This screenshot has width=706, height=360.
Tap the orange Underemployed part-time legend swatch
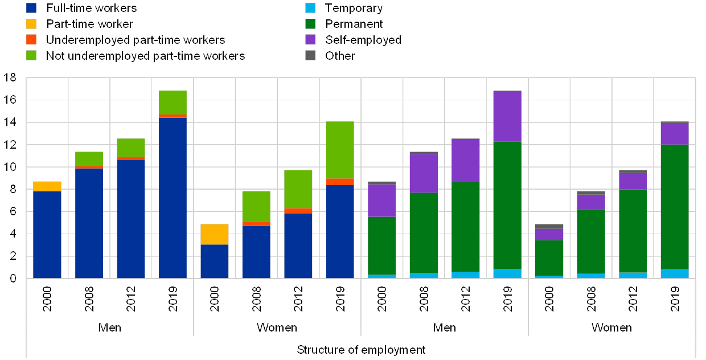pyautogui.click(x=31, y=40)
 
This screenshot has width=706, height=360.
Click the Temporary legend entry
pyautogui.click(x=354, y=9)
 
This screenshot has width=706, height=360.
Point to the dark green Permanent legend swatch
pyautogui.click(x=311, y=24)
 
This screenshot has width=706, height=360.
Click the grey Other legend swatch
pyautogui.click(x=311, y=56)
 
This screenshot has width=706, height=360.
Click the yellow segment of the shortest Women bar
pyautogui.click(x=215, y=234)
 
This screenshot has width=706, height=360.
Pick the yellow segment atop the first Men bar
pyautogui.click(x=47, y=186)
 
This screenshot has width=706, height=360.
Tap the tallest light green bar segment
pyautogui.click(x=340, y=150)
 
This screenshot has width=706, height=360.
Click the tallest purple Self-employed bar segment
pyautogui.click(x=507, y=116)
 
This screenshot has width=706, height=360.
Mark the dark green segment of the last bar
pyautogui.click(x=675, y=207)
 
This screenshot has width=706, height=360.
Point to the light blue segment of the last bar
pyautogui.click(x=675, y=273)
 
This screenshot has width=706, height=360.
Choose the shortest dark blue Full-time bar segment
pyautogui.click(x=215, y=261)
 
